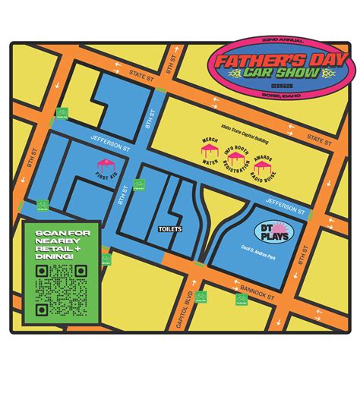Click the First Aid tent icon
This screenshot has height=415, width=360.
[105, 165]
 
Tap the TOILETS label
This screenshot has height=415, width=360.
[169, 228]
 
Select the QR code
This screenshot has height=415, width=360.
[61, 290]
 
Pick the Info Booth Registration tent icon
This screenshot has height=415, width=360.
[236, 160]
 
